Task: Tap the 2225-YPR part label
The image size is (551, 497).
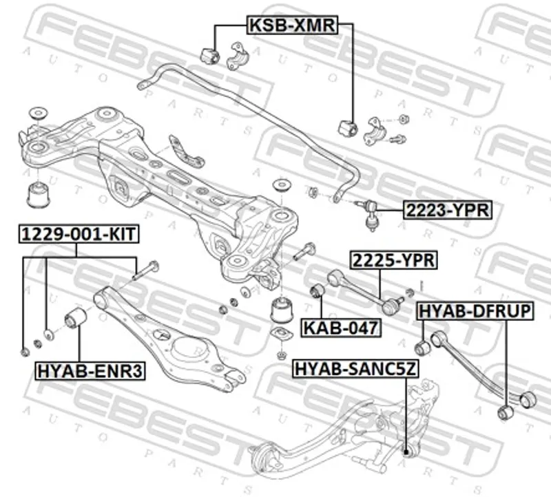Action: (394, 261)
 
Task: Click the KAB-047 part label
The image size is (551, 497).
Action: (341, 328)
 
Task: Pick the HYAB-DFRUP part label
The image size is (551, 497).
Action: (476, 312)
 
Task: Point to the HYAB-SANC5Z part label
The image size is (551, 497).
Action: (355, 370)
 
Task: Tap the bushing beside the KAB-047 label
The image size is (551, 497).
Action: (318, 292)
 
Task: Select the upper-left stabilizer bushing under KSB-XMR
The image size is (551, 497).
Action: (209, 54)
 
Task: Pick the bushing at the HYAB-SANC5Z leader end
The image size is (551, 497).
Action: (406, 452)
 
